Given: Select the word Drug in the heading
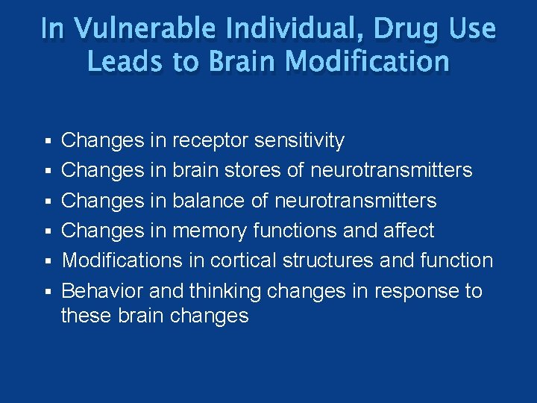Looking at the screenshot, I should click(x=394, y=29).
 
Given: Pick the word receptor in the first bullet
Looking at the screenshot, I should click(x=211, y=140).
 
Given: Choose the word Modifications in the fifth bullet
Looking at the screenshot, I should click(x=122, y=260).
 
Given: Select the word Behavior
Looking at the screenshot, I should click(x=96, y=290).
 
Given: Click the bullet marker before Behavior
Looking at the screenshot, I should click(x=48, y=291).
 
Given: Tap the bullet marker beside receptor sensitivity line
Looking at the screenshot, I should click(x=48, y=141).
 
